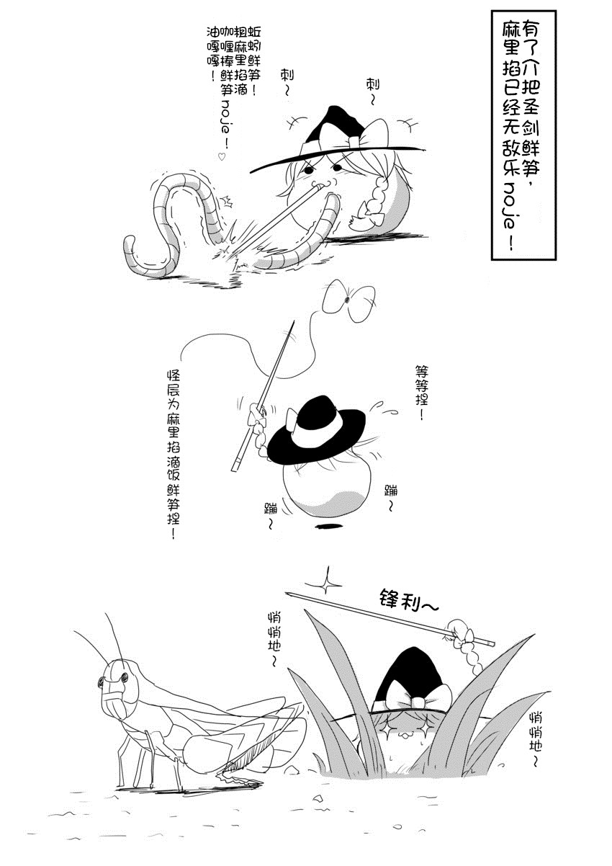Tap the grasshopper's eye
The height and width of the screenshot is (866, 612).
(124, 677)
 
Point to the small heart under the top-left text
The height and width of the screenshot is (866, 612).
(222, 156)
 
